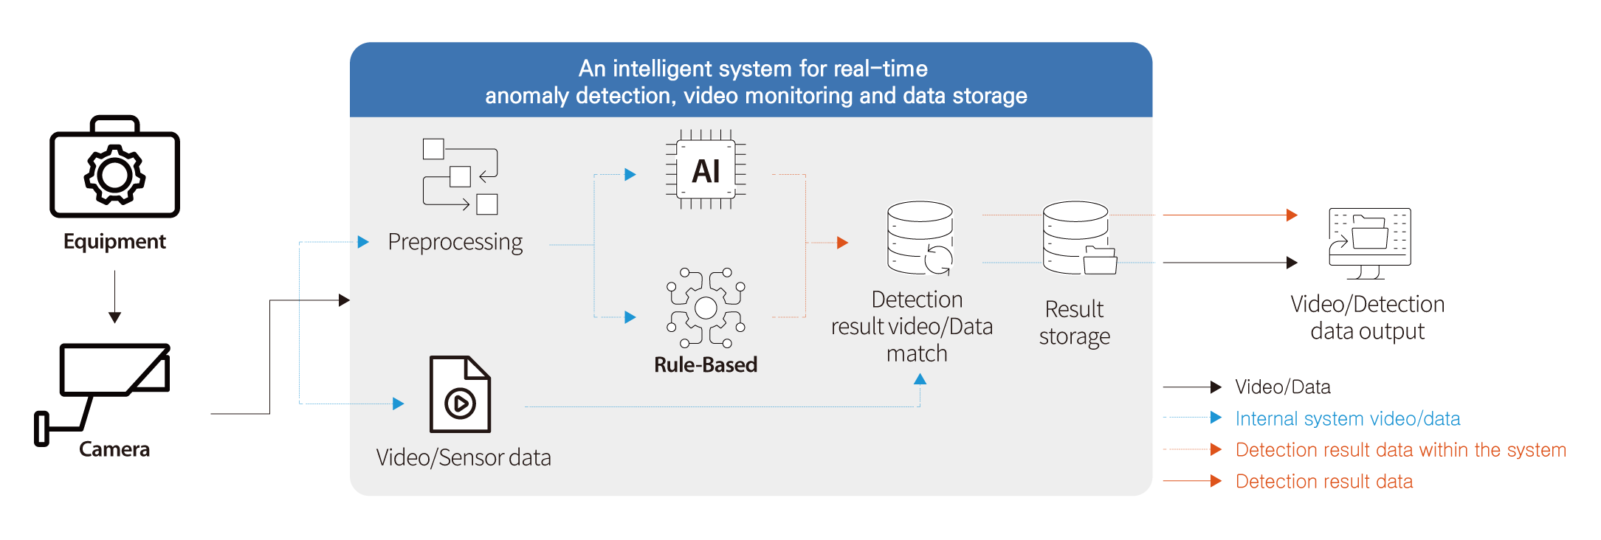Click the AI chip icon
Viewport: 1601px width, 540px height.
tap(706, 170)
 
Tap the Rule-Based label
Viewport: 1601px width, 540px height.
tap(706, 364)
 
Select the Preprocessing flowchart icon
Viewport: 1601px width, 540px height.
tap(460, 176)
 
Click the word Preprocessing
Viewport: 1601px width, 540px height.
tap(455, 242)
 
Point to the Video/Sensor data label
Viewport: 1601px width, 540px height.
tap(464, 457)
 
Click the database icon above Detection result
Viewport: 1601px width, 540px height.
tap(920, 238)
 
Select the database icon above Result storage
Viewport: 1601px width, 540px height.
tap(1078, 238)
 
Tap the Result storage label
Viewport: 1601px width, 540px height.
tap(1075, 322)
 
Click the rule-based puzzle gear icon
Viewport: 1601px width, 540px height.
tap(706, 307)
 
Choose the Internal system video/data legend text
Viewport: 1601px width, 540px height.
tap(1348, 419)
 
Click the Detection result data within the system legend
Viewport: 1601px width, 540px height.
tap(1400, 450)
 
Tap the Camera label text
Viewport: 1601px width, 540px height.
tap(115, 449)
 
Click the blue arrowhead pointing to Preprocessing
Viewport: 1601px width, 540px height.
tap(363, 242)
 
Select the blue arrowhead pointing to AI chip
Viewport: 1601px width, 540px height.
tap(630, 175)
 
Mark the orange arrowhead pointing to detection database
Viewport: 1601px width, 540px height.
tap(842, 243)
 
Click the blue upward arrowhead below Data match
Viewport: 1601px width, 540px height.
tap(920, 379)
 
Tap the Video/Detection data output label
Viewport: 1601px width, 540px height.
tap(1367, 318)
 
